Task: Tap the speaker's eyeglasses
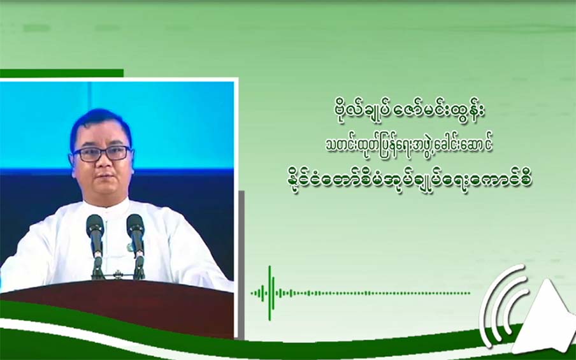(102, 154)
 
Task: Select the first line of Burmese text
(407, 111)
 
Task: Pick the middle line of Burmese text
(409, 145)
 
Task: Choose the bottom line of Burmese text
(410, 180)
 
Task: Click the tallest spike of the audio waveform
(270, 293)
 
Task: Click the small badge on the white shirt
(130, 247)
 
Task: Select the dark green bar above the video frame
(62, 73)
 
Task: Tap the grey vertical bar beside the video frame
(241, 265)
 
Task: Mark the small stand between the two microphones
(117, 275)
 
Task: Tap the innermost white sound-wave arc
(512, 312)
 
